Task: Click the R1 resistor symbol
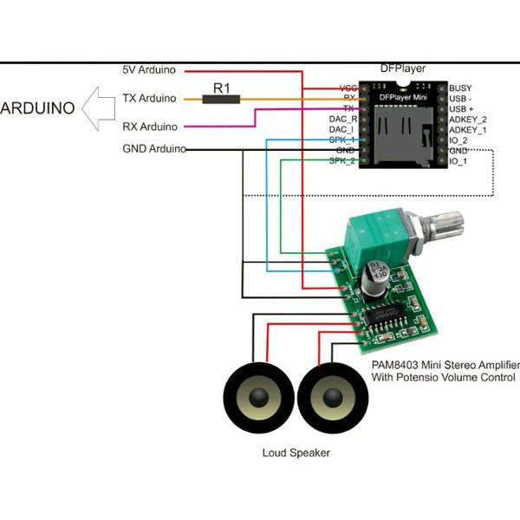pyautogui.click(x=221, y=99)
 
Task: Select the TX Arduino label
pyautogui.click(x=149, y=99)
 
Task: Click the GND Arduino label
pyautogui.click(x=154, y=149)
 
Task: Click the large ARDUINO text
pyautogui.click(x=40, y=109)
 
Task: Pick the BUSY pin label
pyautogui.click(x=461, y=88)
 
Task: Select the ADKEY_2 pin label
pyautogui.click(x=469, y=119)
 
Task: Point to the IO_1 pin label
pyautogui.click(x=459, y=160)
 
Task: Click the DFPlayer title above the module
pyautogui.click(x=403, y=68)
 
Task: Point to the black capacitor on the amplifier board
pyautogui.click(x=375, y=279)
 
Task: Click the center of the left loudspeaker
pyautogui.click(x=257, y=400)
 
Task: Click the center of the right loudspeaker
pyautogui.click(x=332, y=400)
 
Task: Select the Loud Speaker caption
pyautogui.click(x=296, y=452)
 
